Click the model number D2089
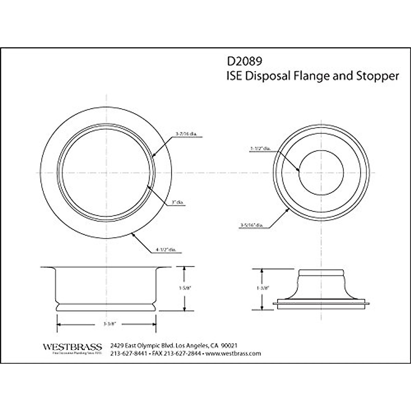point(244,61)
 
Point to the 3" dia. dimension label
point(178,202)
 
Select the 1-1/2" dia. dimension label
point(261,149)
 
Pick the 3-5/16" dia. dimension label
point(252,225)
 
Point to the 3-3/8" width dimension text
point(106,324)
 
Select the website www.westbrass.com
point(234,353)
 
